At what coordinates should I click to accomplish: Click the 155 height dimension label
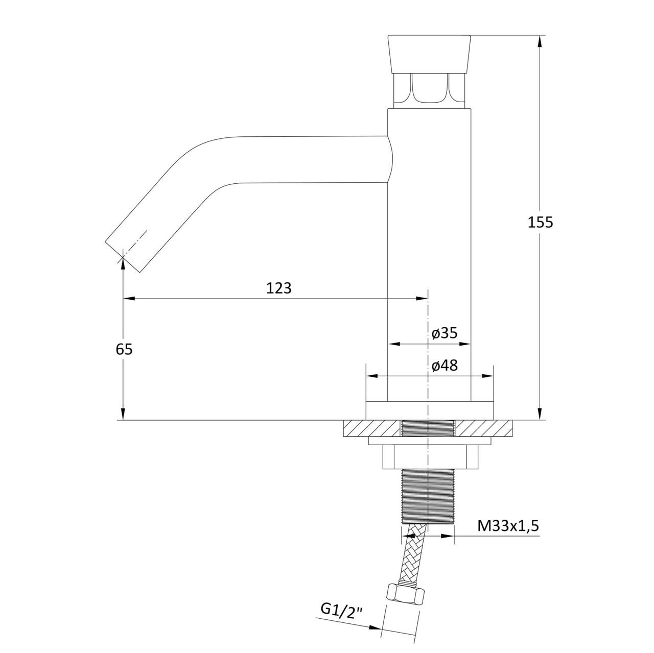540,222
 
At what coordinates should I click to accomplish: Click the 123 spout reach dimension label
278,288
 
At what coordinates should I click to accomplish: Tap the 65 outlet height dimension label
124,349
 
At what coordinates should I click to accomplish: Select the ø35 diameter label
445,333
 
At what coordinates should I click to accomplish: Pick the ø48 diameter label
445,366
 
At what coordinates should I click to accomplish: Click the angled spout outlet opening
123,257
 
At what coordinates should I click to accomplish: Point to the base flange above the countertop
429,411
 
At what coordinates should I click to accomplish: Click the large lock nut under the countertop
430,457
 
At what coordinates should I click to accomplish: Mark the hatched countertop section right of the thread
484,428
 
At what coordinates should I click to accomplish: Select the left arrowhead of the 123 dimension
129,299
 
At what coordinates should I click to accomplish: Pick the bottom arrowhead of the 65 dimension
123,415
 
